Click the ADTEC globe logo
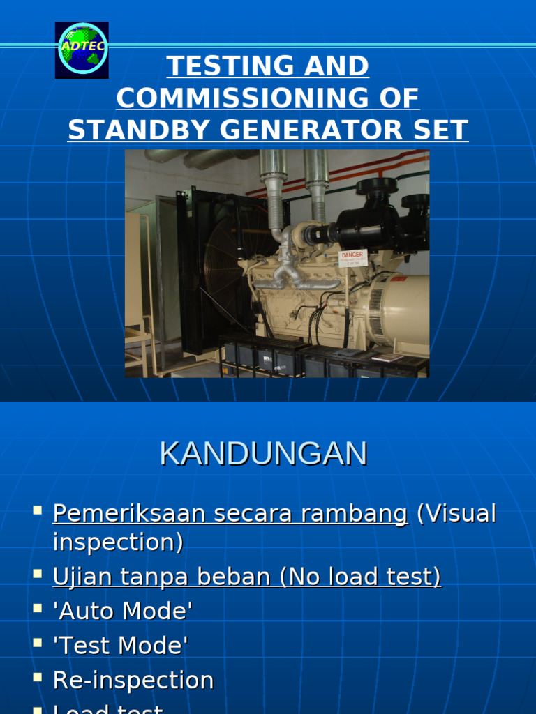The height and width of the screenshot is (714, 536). pos(82,49)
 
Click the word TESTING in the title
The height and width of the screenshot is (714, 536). pos(217,66)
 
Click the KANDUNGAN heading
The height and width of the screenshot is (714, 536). pos(263,454)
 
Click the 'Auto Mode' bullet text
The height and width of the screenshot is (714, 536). pos(122,612)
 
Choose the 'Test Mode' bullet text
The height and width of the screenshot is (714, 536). pos(120,646)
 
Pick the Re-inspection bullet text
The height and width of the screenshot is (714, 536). pos(133,681)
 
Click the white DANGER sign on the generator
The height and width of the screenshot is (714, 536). pos(352,258)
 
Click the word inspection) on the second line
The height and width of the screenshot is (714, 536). pos(118,542)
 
